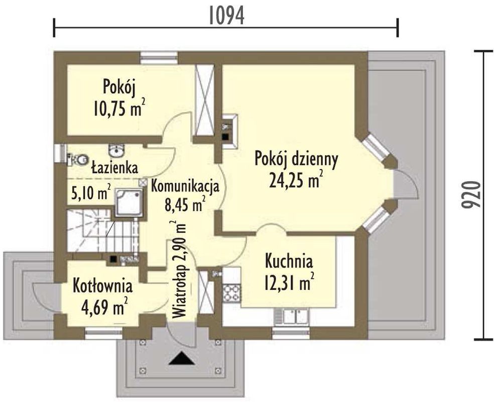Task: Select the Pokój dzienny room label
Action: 296,159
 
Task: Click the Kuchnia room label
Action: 289,261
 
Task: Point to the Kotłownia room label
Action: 103,286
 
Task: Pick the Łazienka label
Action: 114,167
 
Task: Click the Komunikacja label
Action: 185,186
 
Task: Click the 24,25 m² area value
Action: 296,180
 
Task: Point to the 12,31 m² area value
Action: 289,282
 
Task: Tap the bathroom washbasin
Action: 116,150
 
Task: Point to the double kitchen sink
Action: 296,317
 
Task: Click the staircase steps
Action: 103,230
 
